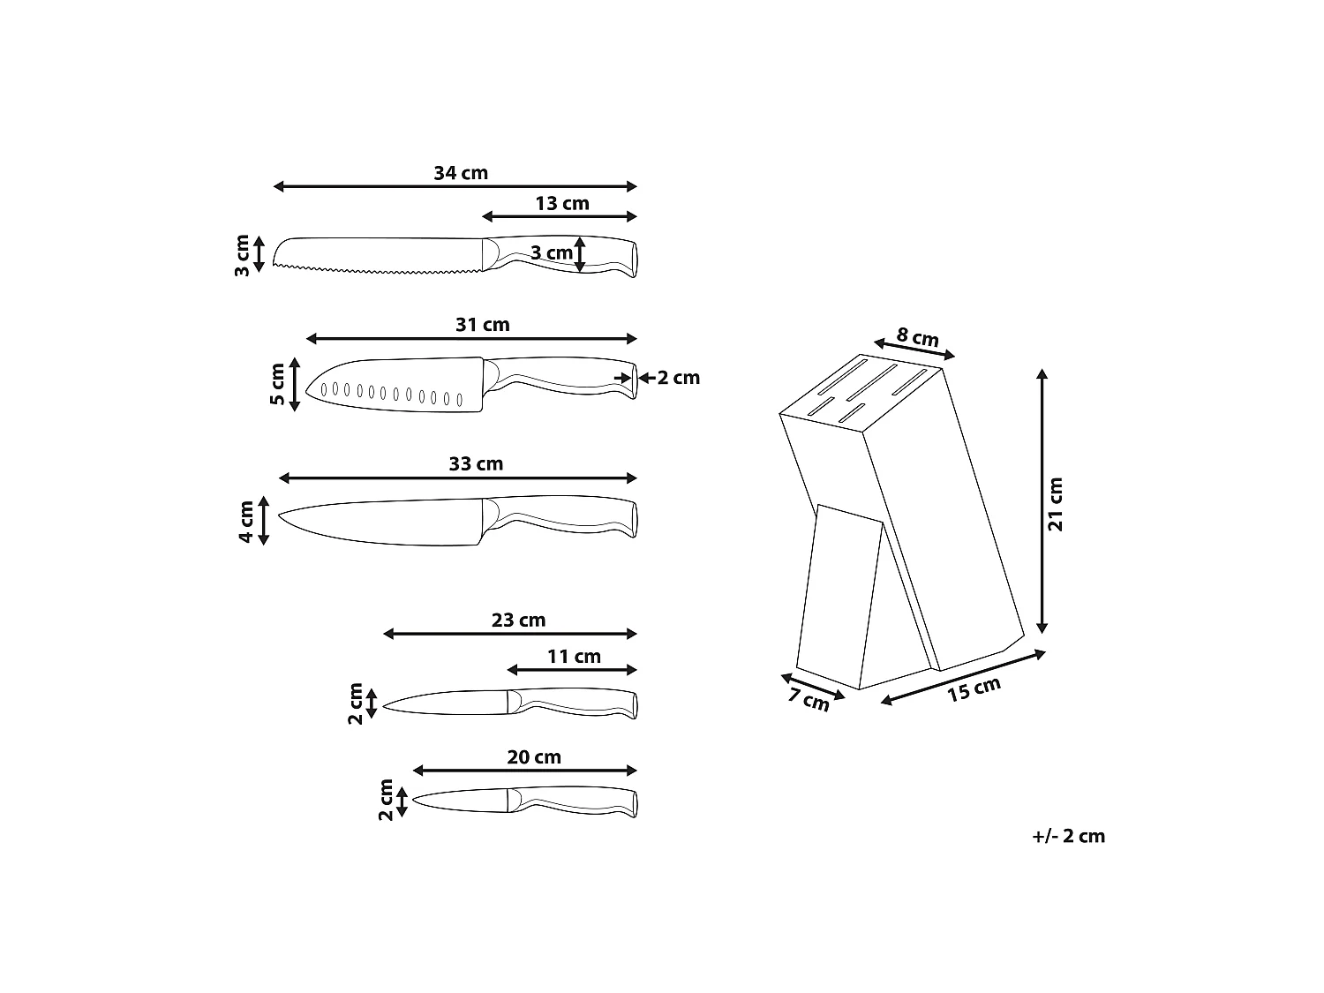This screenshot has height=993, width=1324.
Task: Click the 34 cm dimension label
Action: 460,173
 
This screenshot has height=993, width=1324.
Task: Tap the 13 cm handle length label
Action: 562,204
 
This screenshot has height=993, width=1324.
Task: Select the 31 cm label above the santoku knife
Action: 483,325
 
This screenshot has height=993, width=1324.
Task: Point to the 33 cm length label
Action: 476,464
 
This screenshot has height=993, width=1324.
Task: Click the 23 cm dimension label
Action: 519,621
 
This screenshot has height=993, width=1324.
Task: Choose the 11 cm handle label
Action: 575,657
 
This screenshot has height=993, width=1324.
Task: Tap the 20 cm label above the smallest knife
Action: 534,757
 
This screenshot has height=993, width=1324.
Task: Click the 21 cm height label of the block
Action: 1056,504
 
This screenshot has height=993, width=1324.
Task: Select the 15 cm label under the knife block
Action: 974,688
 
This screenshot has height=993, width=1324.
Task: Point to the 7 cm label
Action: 809,699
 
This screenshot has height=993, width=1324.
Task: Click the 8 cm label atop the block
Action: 917,336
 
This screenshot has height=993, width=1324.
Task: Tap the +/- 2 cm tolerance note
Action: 1069,836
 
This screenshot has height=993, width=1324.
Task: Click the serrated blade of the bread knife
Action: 378,255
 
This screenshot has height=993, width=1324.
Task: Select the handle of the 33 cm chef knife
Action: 560,516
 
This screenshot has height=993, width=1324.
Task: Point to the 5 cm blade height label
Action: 277,384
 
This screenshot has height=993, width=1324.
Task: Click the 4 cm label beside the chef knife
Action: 246,523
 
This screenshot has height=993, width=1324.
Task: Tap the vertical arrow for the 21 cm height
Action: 1042,501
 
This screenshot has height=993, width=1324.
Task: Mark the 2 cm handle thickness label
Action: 678,378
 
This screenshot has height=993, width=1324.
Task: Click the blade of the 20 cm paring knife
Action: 461,801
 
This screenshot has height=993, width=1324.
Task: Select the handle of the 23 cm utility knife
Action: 573,703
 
